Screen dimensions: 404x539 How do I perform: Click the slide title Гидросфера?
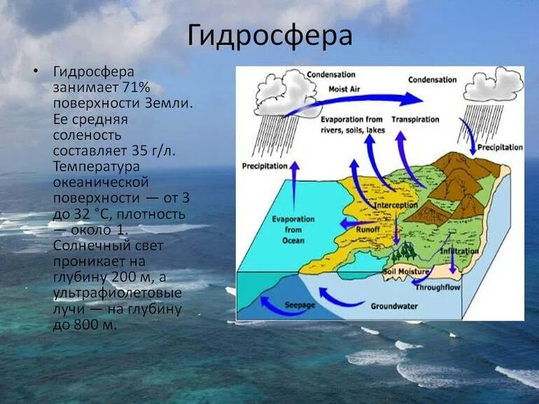269,36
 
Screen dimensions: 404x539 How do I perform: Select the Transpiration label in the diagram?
414,119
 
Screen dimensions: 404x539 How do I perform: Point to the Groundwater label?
395,305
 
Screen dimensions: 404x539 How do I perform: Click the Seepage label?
300,305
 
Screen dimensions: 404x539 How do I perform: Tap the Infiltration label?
460,251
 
